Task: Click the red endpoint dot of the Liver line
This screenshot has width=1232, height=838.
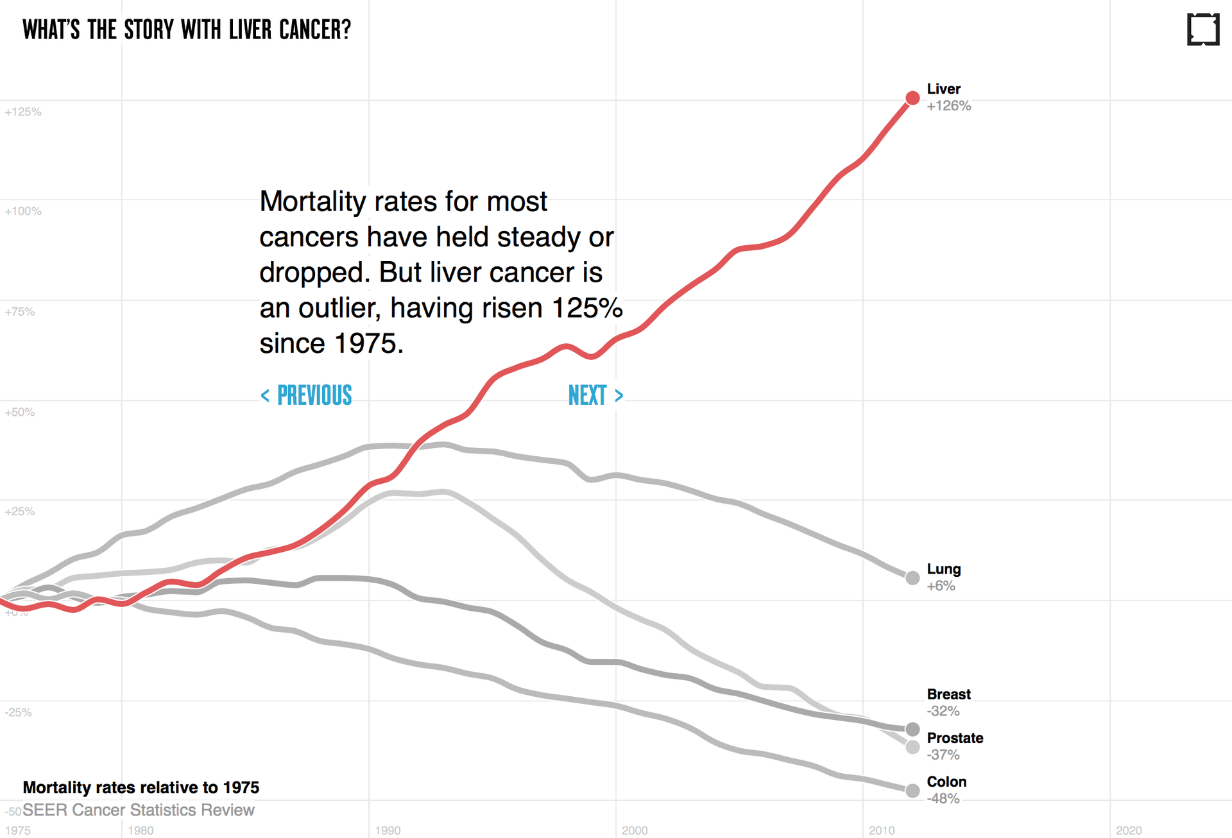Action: pos(912,98)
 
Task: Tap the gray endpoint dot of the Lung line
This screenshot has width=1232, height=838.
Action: pos(912,577)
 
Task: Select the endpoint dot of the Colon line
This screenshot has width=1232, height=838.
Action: pos(912,791)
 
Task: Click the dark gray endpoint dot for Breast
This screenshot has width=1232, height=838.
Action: pos(912,729)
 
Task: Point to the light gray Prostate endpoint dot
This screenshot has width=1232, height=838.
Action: pos(912,747)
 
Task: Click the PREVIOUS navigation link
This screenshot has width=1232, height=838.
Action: pos(307,396)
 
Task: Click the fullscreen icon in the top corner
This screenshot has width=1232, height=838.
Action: pos(1202,30)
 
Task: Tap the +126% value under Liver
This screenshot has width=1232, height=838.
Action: pos(948,107)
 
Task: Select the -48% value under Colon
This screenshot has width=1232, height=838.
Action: pos(943,799)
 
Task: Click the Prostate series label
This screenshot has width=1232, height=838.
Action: pos(955,738)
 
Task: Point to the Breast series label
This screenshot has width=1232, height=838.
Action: pos(948,694)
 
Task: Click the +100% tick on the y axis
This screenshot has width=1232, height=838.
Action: pos(23,211)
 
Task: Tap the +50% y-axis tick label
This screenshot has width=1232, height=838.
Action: pos(20,412)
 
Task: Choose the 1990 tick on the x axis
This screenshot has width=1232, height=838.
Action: pos(388,830)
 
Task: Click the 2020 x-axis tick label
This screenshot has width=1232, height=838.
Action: pos(1129,830)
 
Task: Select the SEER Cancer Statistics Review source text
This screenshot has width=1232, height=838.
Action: pos(139,810)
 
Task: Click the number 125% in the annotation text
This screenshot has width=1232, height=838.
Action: pos(586,308)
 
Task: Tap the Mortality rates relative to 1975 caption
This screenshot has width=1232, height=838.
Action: pos(141,787)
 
